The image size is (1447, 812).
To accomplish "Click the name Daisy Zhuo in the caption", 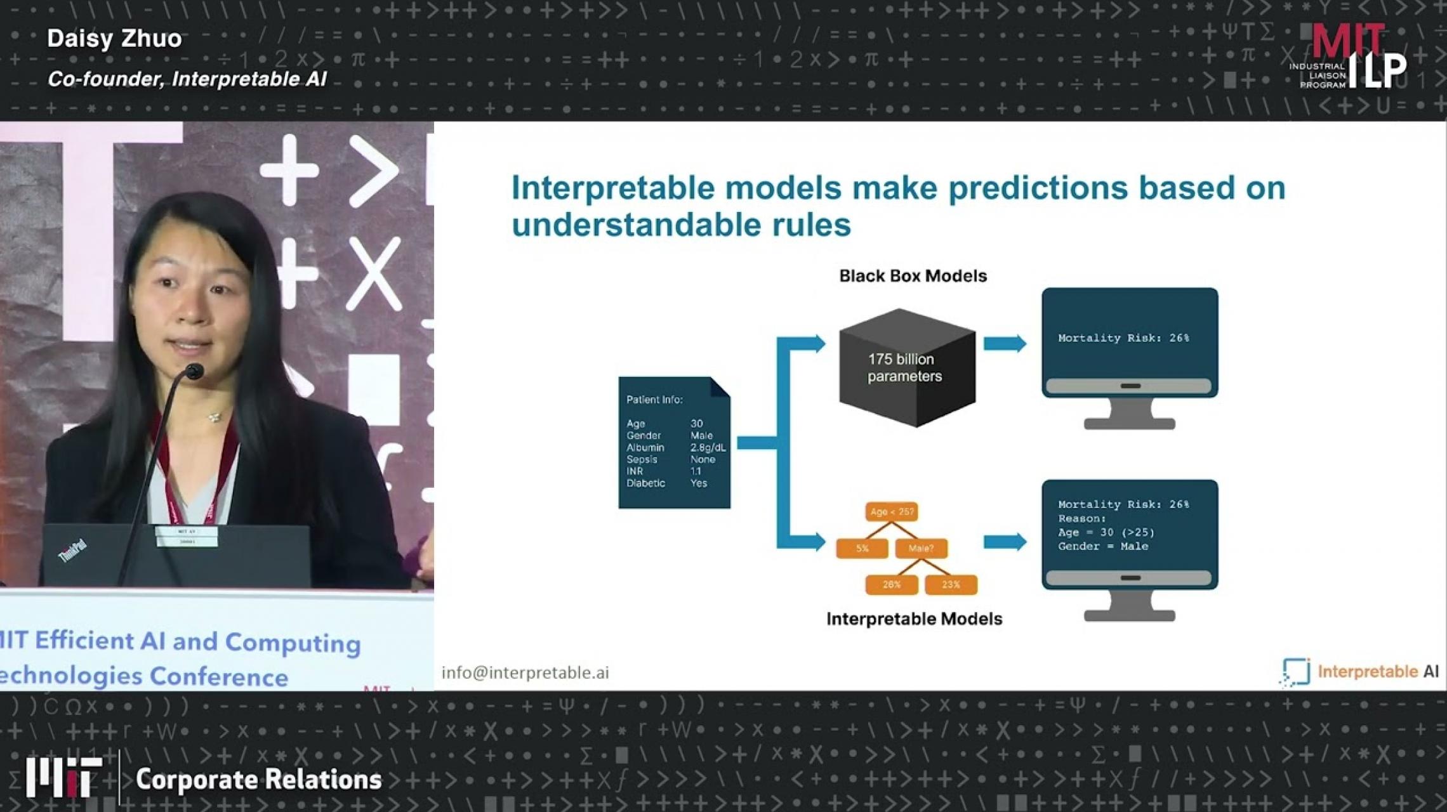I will click(x=114, y=39).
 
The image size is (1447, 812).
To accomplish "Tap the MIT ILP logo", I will click(x=1349, y=57).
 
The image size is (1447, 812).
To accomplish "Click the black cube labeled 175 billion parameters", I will click(x=906, y=368).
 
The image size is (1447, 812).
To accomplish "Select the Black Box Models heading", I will click(x=913, y=276).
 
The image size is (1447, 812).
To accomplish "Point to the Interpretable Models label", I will click(x=914, y=619).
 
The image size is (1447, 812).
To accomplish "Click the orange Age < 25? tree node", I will click(x=892, y=512).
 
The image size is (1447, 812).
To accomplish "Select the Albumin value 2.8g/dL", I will click(x=708, y=448).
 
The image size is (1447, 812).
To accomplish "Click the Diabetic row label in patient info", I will click(x=645, y=483).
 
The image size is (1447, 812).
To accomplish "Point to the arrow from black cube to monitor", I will click(x=1005, y=344).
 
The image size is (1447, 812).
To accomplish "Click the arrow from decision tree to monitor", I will click(x=1005, y=542).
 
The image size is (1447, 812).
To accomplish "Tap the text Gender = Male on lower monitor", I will click(x=1103, y=547).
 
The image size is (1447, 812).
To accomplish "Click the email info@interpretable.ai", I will click(x=525, y=673).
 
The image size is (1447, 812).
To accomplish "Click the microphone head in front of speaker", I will click(x=194, y=372).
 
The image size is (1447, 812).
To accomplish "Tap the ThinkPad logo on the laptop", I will click(x=72, y=551).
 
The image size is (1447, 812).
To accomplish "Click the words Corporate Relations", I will click(x=258, y=780).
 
